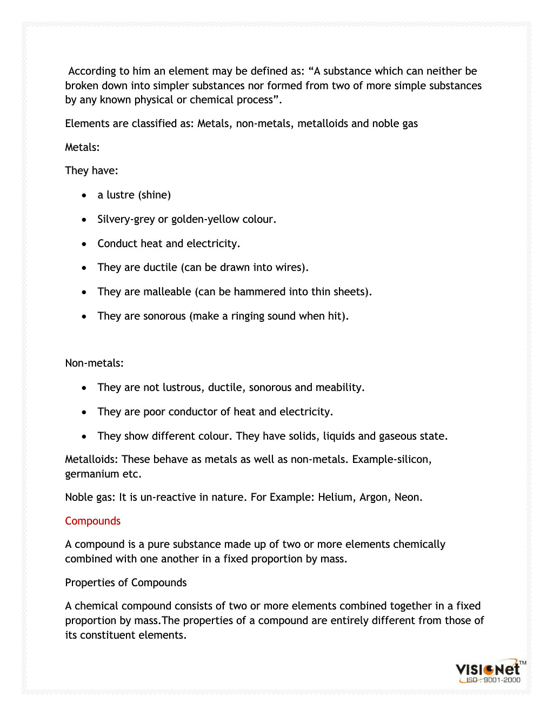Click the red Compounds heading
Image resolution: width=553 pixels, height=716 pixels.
[x=92, y=521]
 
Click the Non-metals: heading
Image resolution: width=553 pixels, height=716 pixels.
[x=94, y=363]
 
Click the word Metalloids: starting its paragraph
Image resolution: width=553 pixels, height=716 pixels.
[x=91, y=459]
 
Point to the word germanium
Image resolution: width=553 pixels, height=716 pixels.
[x=92, y=474]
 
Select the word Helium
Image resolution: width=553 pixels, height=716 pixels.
[x=335, y=497]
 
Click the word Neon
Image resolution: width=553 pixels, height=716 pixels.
[x=408, y=497]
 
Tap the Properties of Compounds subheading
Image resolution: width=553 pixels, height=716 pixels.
[x=125, y=582]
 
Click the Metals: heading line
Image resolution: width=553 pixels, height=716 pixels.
[x=82, y=147]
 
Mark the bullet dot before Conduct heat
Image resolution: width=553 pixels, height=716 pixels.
[x=84, y=244]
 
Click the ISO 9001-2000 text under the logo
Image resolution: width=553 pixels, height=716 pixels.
[x=493, y=680]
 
